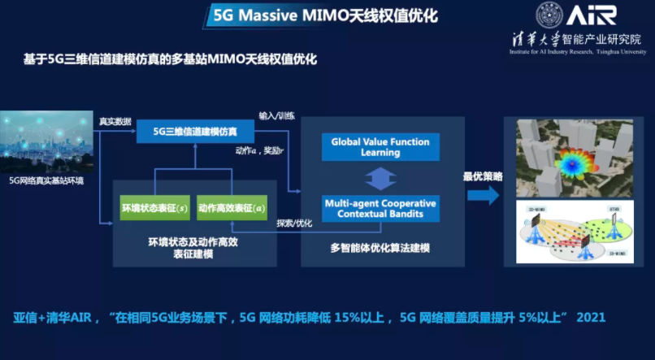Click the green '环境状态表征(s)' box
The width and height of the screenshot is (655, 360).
154,208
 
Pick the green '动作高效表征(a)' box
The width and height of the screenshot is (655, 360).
232,208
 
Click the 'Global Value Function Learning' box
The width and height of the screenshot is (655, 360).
380,147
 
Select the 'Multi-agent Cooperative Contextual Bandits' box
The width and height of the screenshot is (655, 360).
380,208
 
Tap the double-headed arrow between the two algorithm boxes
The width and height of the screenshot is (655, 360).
380,178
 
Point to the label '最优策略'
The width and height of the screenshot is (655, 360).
483,176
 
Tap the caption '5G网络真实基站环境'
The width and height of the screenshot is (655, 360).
46,180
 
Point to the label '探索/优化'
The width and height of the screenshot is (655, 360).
295,223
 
